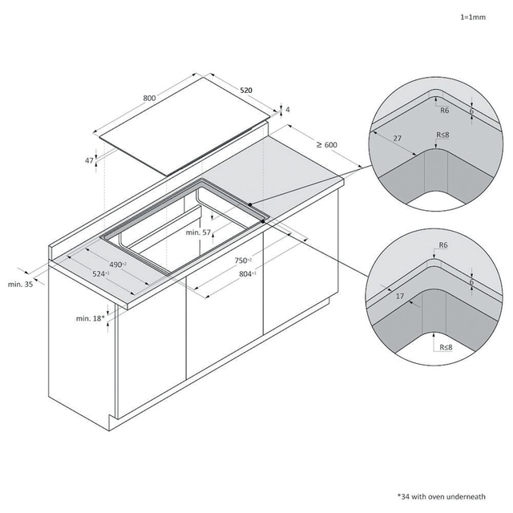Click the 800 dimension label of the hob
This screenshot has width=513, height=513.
pos(149,98)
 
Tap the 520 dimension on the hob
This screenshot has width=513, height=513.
pos(246,91)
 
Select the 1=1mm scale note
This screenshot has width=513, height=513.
pos(473,17)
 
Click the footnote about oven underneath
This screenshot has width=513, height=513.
pos(441,496)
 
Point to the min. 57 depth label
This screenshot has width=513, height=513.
pos(198,232)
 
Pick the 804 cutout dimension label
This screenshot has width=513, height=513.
pos(248,274)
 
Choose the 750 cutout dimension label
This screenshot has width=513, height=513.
pos(243,261)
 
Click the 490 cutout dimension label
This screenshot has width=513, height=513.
pos(118,264)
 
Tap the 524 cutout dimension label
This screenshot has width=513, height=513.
pos(101,274)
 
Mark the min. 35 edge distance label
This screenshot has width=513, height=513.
pos(20,284)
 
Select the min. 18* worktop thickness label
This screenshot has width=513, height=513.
pos(91,318)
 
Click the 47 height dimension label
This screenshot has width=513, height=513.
pos(89,160)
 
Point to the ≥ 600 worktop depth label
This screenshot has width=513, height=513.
pos(327,144)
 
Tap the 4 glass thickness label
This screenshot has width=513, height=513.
pos(288,110)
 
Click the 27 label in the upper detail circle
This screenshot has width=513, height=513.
pos(398,138)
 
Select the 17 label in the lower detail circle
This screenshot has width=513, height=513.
pos(400,296)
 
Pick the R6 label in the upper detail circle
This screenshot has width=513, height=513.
pos(445,111)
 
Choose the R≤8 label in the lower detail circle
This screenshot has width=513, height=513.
pos(446,347)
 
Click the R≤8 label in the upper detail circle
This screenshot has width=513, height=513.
pos(442,135)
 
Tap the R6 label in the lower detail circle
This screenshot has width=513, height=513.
pos(443,244)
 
